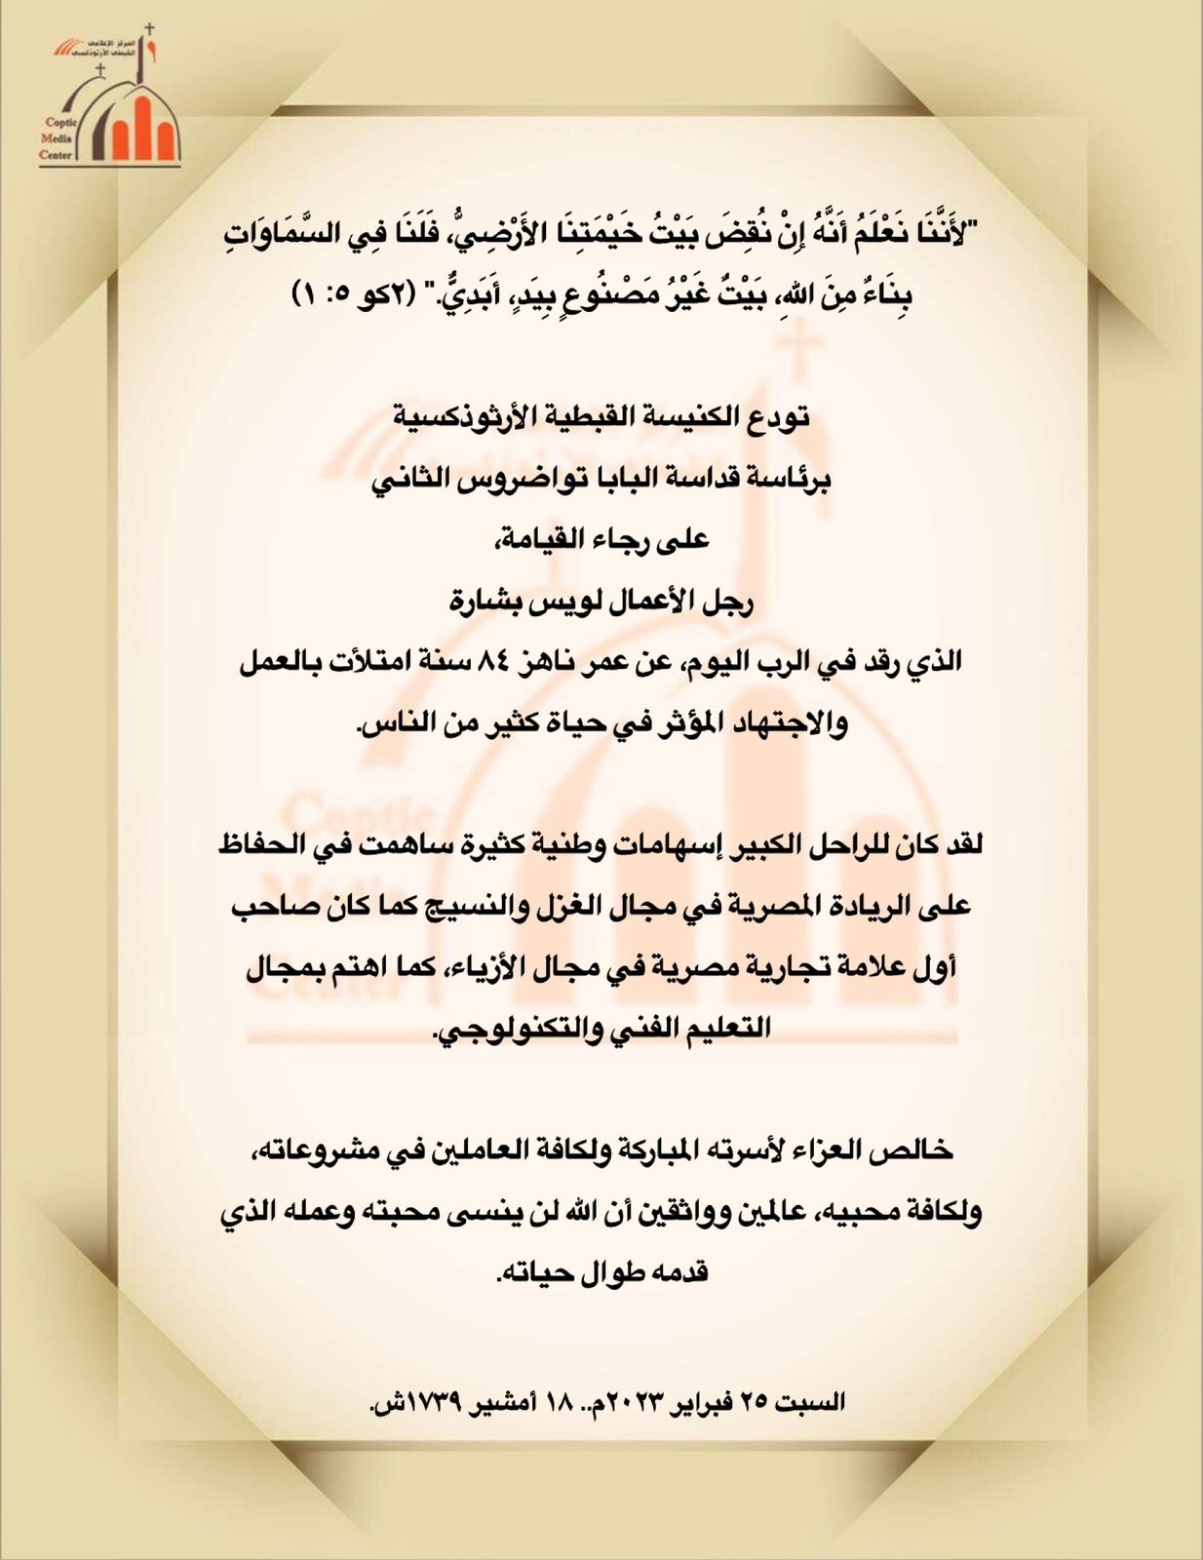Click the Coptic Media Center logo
pyautogui.click(x=109, y=97)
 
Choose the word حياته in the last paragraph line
pyautogui.click(x=539, y=1272)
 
